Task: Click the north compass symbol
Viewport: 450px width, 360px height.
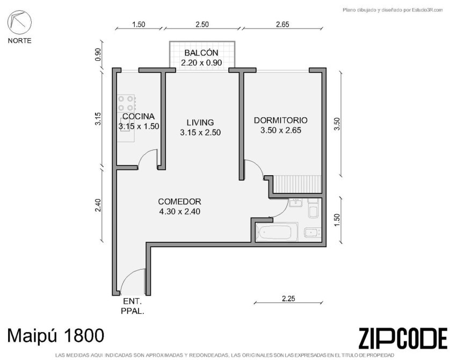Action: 19,22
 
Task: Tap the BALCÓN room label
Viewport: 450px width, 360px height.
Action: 201,53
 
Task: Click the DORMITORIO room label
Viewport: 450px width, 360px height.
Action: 281,120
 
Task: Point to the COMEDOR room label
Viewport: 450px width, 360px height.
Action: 180,201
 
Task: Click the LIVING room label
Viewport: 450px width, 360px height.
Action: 200,123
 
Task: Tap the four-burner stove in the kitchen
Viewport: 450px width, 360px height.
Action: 127,103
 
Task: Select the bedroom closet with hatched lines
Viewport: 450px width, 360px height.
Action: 297,184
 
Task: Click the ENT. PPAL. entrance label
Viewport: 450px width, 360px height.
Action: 133,306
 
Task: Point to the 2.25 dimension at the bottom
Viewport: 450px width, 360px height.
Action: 288,299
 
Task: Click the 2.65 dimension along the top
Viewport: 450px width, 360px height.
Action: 282,24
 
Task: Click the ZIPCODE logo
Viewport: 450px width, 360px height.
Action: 403,339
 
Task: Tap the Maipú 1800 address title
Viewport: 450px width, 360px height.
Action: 55,335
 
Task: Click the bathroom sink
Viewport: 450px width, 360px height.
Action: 295,203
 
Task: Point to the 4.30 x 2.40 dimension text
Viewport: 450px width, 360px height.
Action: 180,212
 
